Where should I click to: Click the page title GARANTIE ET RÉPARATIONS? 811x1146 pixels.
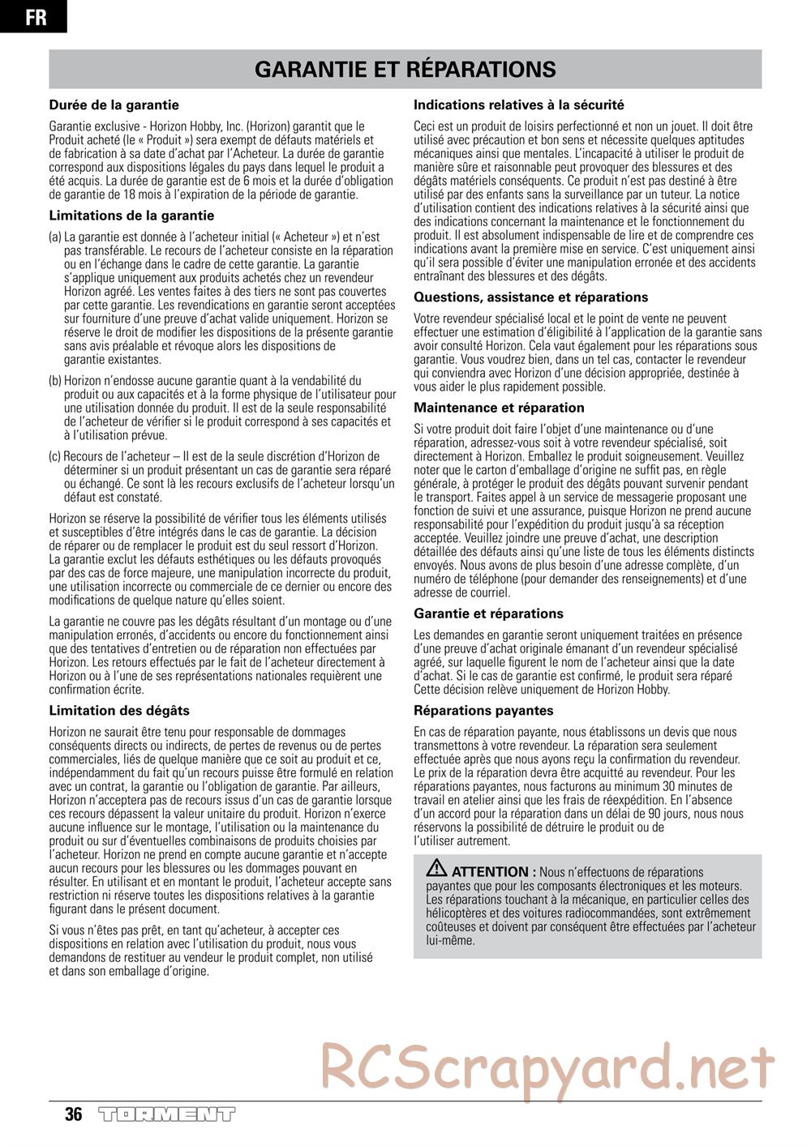pos(405,70)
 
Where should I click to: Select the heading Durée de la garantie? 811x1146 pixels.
pos(114,105)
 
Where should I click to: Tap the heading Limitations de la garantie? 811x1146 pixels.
pos(132,216)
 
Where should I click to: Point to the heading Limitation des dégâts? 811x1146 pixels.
pos(119,711)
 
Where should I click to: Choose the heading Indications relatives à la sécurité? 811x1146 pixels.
pos(519,105)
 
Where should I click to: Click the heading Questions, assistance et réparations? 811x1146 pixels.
pos(531,297)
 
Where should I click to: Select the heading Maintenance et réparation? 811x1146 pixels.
pos(499,408)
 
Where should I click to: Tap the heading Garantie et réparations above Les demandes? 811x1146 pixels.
pos(488,614)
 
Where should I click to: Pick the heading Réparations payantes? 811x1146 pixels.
pos(483,711)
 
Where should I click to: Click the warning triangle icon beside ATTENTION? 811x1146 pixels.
pos(437,867)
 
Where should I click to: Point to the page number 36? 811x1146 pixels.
pos(74,1114)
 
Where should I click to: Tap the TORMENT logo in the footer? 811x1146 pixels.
pos(166,1114)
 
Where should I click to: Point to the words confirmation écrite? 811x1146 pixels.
pos(97,690)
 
